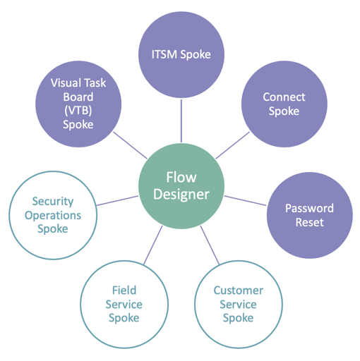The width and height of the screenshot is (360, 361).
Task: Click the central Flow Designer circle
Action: [x=181, y=185]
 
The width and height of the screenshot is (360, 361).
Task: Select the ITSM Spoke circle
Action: [x=181, y=54]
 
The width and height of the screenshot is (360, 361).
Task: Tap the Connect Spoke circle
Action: [x=281, y=104]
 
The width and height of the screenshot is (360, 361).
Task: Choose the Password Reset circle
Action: [x=309, y=215]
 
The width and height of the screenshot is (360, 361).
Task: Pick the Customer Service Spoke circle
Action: [x=238, y=304]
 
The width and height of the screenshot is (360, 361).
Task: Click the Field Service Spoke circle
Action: [x=124, y=304]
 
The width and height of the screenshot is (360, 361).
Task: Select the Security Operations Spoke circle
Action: [x=52, y=216]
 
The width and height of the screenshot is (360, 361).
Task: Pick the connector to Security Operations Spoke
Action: [x=116, y=200]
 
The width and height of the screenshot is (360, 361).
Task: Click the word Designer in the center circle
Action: [x=181, y=195]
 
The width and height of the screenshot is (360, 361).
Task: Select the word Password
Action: [x=309, y=208]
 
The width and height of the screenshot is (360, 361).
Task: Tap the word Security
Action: [x=52, y=202]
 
